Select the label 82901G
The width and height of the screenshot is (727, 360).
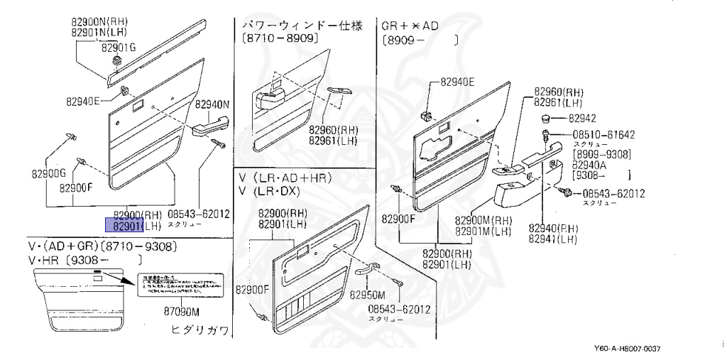[x=118, y=48]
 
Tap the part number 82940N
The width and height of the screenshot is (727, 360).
[x=214, y=104]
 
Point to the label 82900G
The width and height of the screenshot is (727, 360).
[x=48, y=173]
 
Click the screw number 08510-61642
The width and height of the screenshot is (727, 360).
[x=603, y=134]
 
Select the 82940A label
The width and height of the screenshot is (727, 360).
[x=589, y=163]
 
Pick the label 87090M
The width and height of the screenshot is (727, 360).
[x=182, y=312]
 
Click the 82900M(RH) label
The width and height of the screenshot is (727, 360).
[x=483, y=220]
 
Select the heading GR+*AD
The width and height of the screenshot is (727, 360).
[x=410, y=26]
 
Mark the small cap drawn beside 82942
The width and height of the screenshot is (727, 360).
[x=547, y=117]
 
